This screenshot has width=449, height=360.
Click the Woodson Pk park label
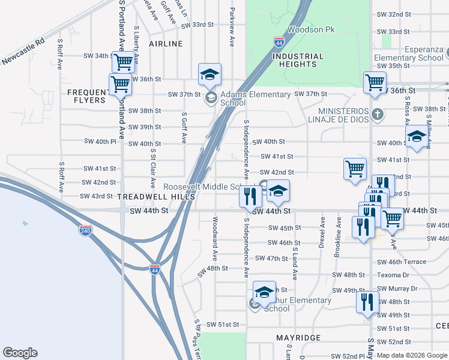click(311, 29)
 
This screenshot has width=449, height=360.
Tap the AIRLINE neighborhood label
click(166, 44)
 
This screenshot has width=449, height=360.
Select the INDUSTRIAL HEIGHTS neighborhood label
click(298, 60)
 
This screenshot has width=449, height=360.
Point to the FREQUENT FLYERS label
click(87, 96)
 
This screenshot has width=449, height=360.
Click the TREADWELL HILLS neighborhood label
click(156, 197)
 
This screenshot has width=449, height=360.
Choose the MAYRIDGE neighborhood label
click(298, 338)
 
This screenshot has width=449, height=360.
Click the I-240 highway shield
click(85, 230)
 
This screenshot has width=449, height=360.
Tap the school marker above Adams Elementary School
click(210, 75)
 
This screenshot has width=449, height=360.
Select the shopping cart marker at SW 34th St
click(124, 61)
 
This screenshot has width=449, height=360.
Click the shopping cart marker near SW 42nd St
click(355, 169)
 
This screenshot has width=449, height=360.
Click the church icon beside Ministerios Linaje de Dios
click(377, 113)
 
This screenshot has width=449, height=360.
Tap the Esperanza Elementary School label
click(408, 54)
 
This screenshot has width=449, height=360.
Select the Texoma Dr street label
click(393, 275)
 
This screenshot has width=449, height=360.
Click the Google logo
click(20, 353)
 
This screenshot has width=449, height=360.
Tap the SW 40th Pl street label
click(100, 142)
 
